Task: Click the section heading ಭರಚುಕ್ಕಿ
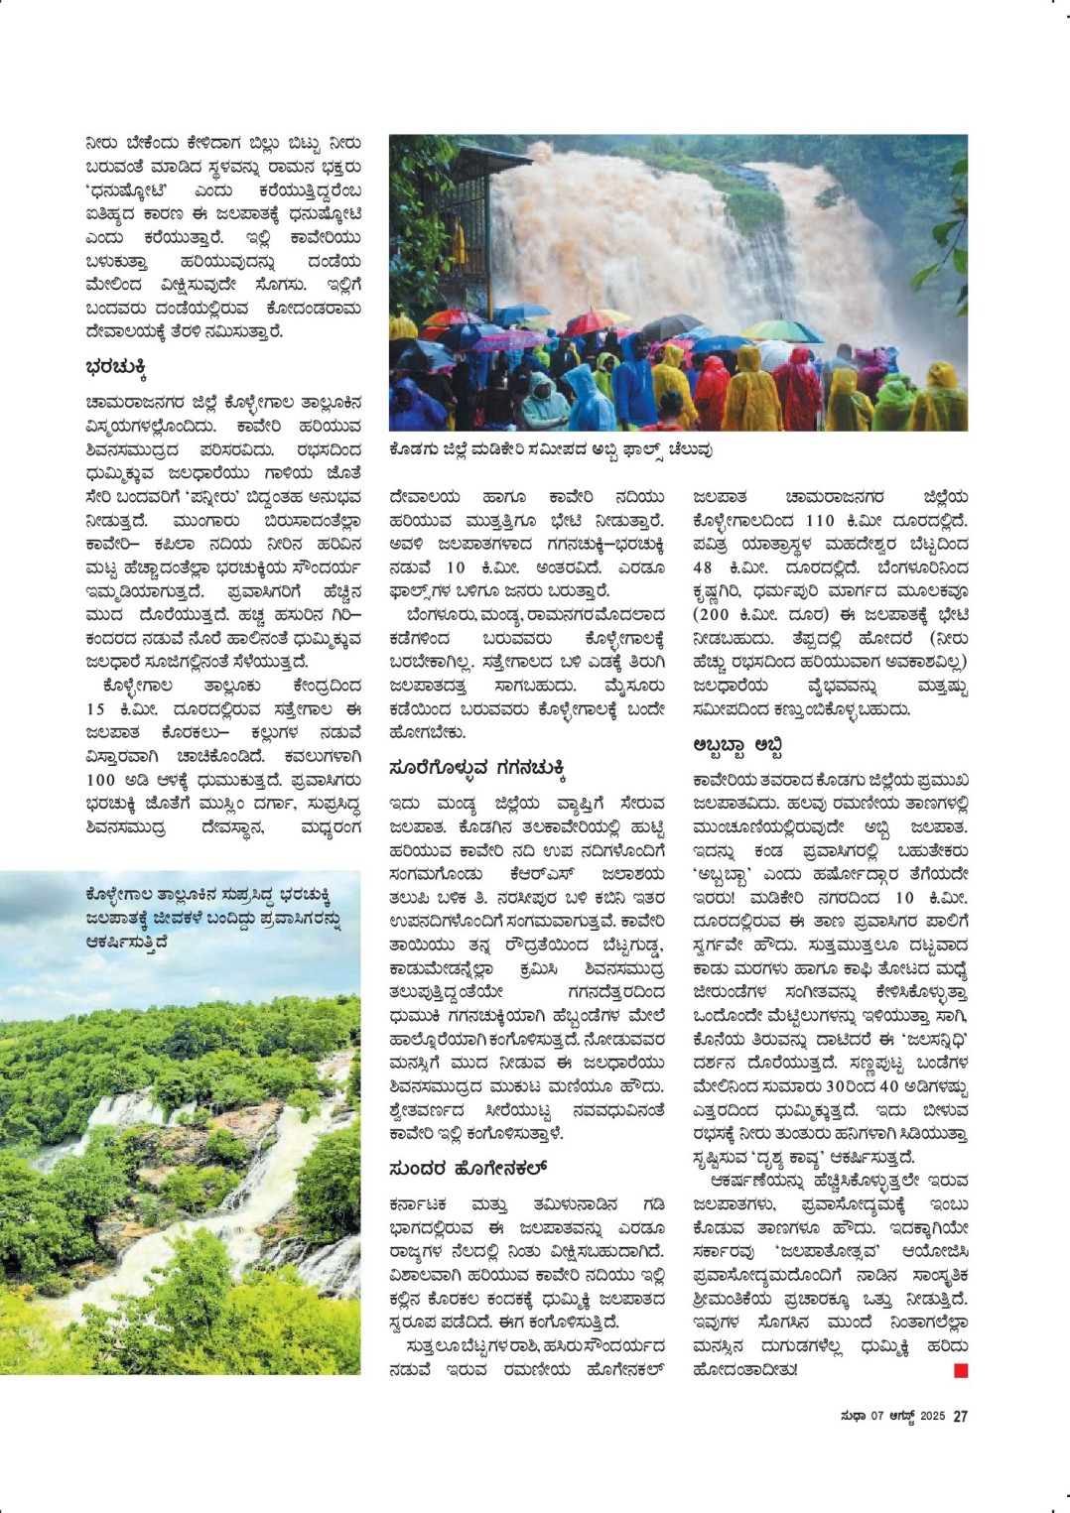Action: click(116, 369)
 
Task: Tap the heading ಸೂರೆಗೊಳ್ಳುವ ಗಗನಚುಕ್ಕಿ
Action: click(476, 768)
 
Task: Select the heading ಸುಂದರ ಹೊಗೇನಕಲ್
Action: click(468, 1169)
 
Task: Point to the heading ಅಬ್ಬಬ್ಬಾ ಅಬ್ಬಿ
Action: click(738, 745)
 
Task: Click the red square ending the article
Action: click(960, 1371)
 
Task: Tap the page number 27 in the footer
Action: click(960, 1416)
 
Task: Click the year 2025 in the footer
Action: click(932, 1416)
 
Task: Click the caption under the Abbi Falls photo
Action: click(551, 449)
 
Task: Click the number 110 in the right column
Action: click(820, 521)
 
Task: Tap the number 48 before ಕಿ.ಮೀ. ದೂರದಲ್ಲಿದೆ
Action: click(703, 568)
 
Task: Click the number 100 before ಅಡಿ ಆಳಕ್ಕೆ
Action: click(101, 780)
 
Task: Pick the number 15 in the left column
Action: click(95, 709)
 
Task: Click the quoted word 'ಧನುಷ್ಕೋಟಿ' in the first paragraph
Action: click(127, 190)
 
